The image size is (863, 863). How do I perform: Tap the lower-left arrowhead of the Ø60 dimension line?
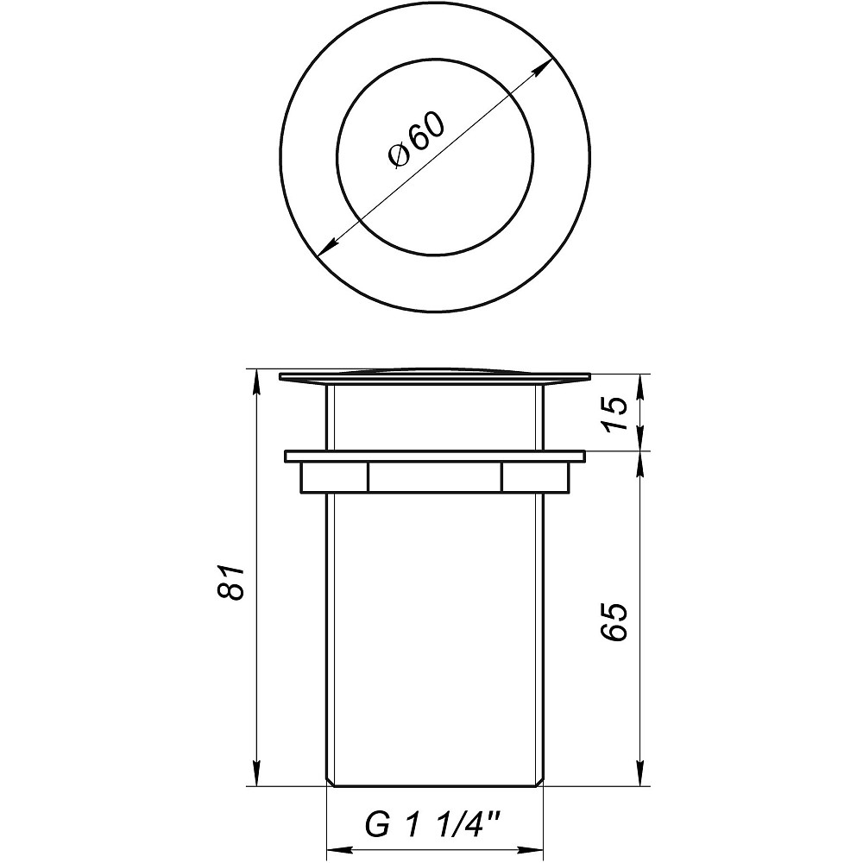[324, 249]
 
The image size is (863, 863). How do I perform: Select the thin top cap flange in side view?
[435, 377]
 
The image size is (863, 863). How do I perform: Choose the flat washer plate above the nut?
[435, 456]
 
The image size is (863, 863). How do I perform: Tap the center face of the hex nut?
[435, 477]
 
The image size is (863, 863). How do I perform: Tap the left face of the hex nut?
[333, 477]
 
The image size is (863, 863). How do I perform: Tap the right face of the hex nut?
[535, 477]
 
